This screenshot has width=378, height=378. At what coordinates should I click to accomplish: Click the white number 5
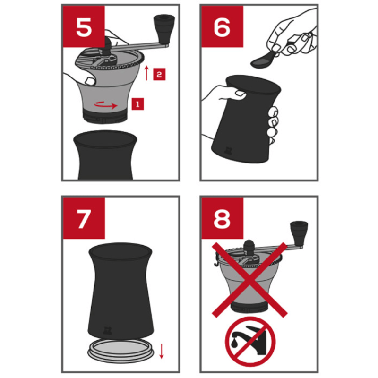pyautogui.click(x=84, y=27)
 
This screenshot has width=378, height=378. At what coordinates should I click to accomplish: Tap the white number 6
pyautogui.click(x=222, y=27)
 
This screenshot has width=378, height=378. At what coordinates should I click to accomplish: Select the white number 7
pyautogui.click(x=84, y=219)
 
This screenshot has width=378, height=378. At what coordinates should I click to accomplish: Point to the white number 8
pyautogui.click(x=222, y=219)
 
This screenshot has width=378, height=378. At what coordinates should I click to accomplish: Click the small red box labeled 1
pyautogui.click(x=137, y=104)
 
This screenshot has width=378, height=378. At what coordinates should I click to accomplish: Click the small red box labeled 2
pyautogui.click(x=159, y=74)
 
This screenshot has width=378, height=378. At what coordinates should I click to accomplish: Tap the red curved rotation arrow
pyautogui.click(x=106, y=105)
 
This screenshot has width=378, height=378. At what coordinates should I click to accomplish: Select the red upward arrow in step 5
pyautogui.click(x=146, y=73)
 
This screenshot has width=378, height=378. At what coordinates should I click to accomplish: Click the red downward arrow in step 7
pyautogui.click(x=162, y=351)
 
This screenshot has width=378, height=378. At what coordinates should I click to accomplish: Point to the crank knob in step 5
pyautogui.click(x=164, y=28)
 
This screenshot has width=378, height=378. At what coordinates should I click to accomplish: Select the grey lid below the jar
pyautogui.click(x=120, y=352)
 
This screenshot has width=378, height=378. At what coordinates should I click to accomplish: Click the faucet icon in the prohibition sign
pyautogui.click(x=250, y=339)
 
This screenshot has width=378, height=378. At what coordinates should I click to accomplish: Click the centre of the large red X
pyautogui.click(x=250, y=280)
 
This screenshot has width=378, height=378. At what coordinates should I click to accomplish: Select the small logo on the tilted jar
pyautogui.click(x=227, y=151)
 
